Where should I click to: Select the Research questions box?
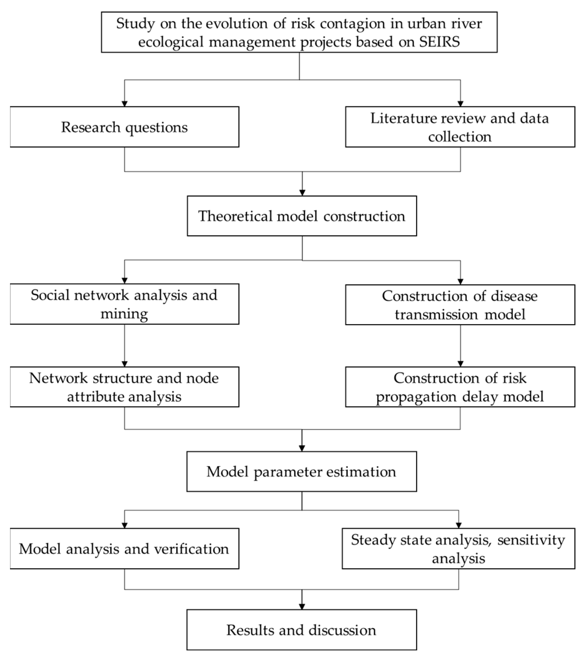coord(124,127)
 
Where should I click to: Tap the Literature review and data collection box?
coord(460,127)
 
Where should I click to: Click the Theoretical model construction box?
coord(302,216)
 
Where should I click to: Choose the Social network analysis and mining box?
coord(124,304)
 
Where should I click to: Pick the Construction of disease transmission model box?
coord(460,305)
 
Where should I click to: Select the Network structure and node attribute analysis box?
coord(124,387)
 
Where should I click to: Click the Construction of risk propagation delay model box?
coord(460,387)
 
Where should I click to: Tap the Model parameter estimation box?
coord(302,472)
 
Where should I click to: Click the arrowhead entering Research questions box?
coord(124,104)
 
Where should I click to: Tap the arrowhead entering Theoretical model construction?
coord(302,193)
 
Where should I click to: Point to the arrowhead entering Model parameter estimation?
coord(302,448)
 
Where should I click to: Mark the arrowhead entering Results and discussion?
coord(302,606)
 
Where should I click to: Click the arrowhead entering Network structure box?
coord(124,364)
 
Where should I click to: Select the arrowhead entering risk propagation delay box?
coord(460,364)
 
